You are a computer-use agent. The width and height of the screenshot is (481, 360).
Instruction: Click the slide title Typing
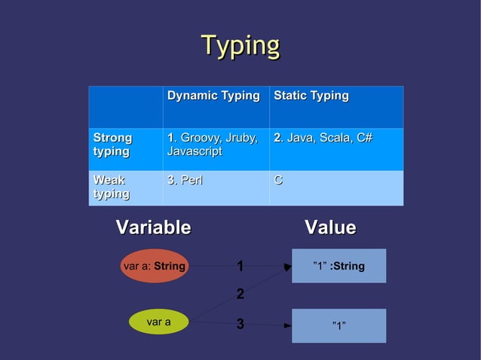click(x=240, y=46)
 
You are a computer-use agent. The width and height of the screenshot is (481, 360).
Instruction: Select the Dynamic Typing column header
click(x=213, y=96)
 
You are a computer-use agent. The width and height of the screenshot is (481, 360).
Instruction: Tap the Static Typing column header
click(x=311, y=96)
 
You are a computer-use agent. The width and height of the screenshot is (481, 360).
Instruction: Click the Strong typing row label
click(x=112, y=145)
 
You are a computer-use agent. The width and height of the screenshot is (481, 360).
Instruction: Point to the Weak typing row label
click(x=109, y=188)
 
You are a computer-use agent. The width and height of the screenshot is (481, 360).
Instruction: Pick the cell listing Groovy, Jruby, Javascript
click(x=213, y=145)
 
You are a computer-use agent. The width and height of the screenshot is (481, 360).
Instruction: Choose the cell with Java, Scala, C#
click(x=323, y=139)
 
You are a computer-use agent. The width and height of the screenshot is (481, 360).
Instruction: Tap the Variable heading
click(x=153, y=227)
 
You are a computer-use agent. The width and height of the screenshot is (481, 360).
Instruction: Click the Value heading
click(x=330, y=227)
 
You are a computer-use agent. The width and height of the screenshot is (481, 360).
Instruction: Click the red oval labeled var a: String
click(x=154, y=266)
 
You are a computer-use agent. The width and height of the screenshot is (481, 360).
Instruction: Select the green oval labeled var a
click(x=158, y=322)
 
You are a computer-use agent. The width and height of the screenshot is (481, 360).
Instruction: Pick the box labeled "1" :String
click(x=339, y=266)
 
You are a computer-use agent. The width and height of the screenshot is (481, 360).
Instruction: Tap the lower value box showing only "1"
click(x=339, y=325)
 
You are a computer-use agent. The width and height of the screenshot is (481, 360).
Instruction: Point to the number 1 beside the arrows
click(x=240, y=267)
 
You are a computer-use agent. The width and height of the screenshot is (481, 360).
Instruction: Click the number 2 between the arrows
click(x=240, y=294)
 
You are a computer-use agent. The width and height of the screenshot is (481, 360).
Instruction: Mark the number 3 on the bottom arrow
click(x=240, y=325)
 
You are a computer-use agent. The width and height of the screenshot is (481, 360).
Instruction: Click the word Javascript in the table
click(x=195, y=152)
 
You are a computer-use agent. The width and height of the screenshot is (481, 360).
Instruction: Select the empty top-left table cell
click(x=125, y=107)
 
